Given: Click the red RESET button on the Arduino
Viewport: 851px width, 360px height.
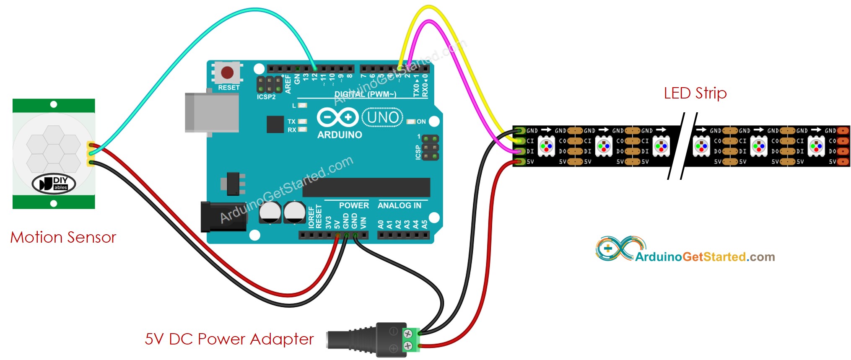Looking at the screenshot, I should point(227,72).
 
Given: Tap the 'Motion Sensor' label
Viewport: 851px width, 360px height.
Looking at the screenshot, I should point(63,238).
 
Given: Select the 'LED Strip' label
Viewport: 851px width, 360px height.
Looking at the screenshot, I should point(695,93).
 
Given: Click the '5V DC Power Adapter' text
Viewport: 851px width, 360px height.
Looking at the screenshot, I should point(229,339).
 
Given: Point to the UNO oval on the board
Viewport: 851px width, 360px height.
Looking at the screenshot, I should point(382,117).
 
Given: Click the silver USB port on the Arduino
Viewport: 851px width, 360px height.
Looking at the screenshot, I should point(212,112).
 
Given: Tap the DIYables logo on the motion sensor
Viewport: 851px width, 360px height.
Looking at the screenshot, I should point(54,184).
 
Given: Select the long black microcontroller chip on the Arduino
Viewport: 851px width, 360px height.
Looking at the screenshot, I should point(366,187).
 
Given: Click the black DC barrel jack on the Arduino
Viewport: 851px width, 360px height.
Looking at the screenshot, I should point(218,216).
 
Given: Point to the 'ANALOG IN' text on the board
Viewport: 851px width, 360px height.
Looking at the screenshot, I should point(399,205).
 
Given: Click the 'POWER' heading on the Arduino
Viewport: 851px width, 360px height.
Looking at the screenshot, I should point(353,205).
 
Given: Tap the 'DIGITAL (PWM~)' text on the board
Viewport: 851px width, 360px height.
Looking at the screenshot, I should point(365,94).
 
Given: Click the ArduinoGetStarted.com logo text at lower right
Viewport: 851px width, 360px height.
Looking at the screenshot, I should point(705,256).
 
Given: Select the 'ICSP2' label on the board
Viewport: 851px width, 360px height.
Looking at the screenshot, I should point(266,97).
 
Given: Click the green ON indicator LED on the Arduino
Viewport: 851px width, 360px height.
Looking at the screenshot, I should point(411,122).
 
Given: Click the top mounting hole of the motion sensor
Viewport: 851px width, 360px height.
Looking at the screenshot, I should point(54,104).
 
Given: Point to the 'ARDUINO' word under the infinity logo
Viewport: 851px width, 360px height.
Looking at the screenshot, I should point(340,135).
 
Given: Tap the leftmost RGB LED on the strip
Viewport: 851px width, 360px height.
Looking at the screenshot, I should point(546,146).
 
